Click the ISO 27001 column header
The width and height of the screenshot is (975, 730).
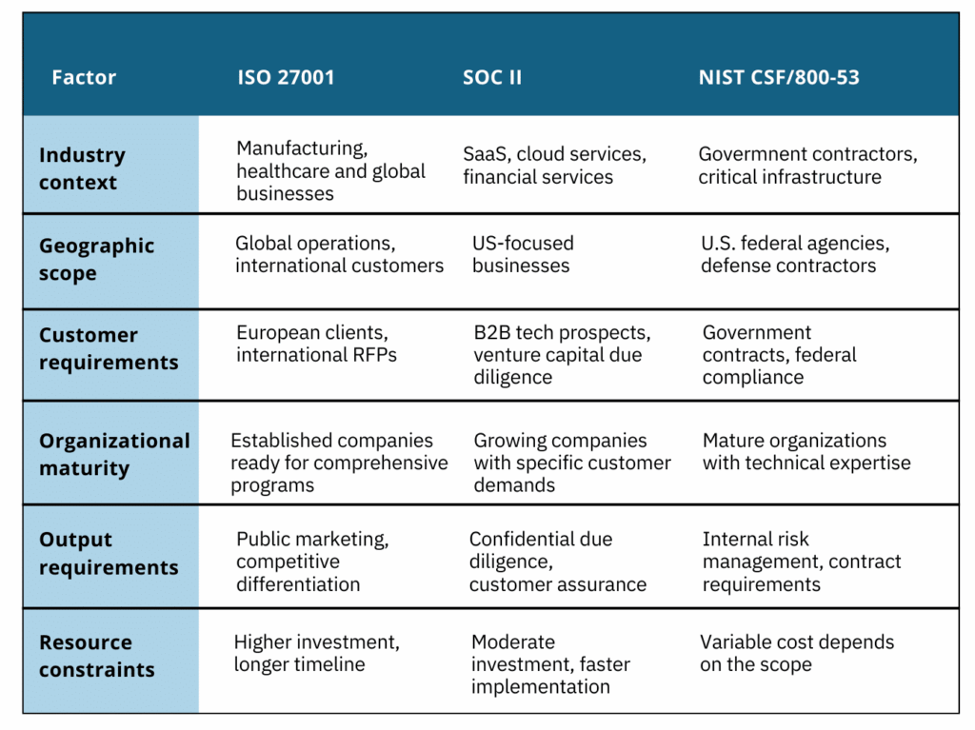coord(286,77)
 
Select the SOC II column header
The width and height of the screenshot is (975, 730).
coord(492,77)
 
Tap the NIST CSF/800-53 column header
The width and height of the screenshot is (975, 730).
coord(778,77)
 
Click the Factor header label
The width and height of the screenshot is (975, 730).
coord(84,77)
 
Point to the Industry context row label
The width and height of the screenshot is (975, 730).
coord(82,168)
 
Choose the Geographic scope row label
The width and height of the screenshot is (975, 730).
coord(96,259)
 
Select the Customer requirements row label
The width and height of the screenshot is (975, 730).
coord(108,348)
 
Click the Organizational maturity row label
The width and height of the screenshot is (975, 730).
coord(114,454)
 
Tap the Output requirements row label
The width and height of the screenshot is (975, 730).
coord(108,553)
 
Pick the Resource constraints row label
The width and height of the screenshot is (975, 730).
coord(96,656)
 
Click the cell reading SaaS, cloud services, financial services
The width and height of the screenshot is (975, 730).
coord(554,166)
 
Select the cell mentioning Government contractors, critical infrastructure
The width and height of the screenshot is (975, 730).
coord(807,166)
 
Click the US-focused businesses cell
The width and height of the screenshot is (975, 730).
coord(522,254)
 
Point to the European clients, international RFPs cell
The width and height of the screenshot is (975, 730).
coord(316,345)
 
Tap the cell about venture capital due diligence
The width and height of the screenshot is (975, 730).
coord(562,355)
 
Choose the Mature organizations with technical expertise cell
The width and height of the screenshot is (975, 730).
coord(806,452)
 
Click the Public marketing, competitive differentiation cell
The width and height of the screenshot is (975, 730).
coord(311,562)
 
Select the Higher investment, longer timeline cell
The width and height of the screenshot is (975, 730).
coord(316,653)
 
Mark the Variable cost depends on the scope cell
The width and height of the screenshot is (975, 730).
coord(796,653)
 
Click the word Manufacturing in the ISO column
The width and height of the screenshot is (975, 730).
coord(301,148)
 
